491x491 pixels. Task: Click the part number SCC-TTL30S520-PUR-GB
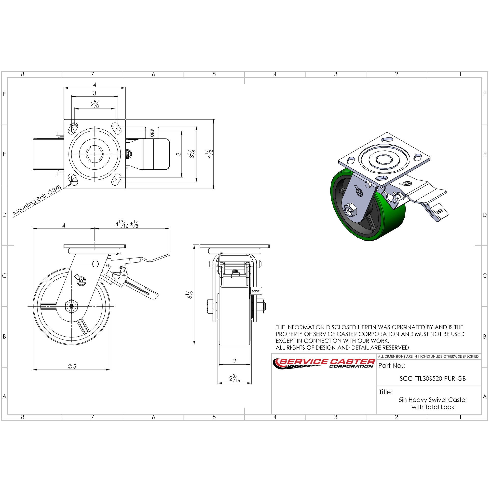pyautogui.click(x=433, y=378)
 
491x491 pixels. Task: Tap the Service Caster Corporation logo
pyautogui.click(x=324, y=363)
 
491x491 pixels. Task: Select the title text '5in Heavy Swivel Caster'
pyautogui.click(x=433, y=400)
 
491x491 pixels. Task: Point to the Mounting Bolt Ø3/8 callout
pyautogui.click(x=37, y=201)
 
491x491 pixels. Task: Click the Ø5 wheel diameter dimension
pyautogui.click(x=72, y=367)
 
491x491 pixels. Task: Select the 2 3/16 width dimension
pyautogui.click(x=234, y=378)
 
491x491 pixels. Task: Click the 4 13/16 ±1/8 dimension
pyautogui.click(x=127, y=224)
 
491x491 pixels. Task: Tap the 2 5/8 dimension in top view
pyautogui.click(x=95, y=104)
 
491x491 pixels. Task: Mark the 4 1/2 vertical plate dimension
pyautogui.click(x=210, y=154)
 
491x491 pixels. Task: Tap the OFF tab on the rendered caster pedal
pyautogui.click(x=440, y=211)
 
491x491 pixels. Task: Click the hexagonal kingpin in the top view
pyautogui.click(x=95, y=154)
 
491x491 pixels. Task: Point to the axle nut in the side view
pyautogui.click(x=71, y=307)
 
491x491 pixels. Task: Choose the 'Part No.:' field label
pyautogui.click(x=391, y=366)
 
